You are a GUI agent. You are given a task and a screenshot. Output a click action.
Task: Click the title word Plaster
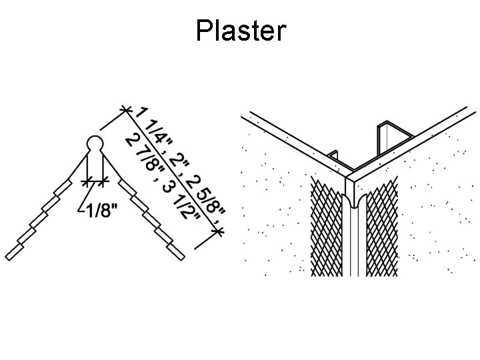click(241, 31)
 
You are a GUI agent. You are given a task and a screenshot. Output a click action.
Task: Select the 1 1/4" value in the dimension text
click(155, 134)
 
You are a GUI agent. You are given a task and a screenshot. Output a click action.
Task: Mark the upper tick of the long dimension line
click(123, 108)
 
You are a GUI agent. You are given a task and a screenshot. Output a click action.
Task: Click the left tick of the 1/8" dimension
click(85, 180)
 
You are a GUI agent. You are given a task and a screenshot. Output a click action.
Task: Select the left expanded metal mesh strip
click(327, 227)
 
